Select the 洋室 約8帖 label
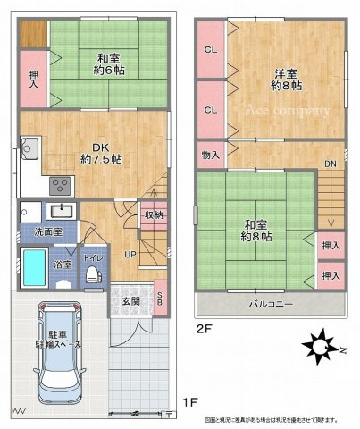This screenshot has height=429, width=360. pos(286,80)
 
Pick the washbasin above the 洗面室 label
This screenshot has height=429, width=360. pos(61,212)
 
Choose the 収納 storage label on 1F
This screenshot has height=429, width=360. pos(153,214)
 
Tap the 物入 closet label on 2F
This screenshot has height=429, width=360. pos(211,156)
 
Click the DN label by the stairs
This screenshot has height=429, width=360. pos(329,164)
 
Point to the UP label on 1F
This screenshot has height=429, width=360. pos(130,255)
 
